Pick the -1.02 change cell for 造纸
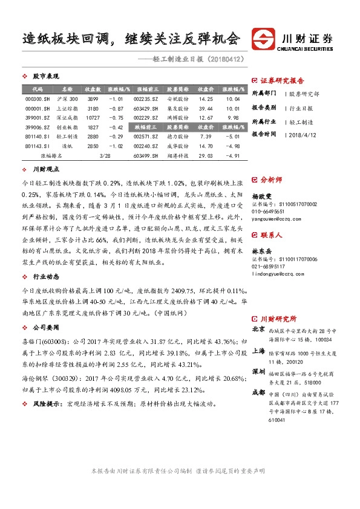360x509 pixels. point(115,146)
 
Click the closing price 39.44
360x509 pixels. point(206,108)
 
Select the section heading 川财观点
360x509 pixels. point(46,170)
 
